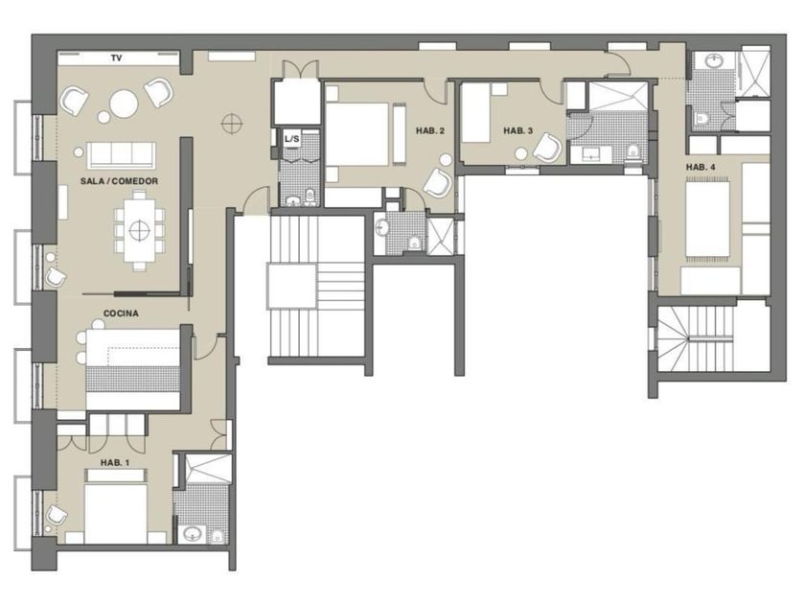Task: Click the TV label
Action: [x=117, y=58]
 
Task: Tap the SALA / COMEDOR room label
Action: [x=119, y=181]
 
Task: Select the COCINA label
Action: [x=121, y=314]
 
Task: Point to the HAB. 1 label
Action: [x=114, y=463]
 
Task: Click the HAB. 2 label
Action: [x=430, y=131]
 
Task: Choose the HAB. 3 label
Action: [x=518, y=131]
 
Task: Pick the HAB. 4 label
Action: [x=701, y=167]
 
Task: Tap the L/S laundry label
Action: [x=291, y=139]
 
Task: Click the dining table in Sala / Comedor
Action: [x=139, y=230]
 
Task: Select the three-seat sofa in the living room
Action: [x=121, y=155]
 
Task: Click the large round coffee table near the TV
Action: [x=124, y=104]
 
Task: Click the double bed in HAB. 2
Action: [x=357, y=134]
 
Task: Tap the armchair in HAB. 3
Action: [x=547, y=148]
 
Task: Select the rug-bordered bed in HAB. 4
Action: [x=708, y=219]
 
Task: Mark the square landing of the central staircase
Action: [x=291, y=287]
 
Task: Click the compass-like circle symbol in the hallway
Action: [x=232, y=124]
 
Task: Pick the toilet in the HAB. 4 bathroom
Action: [x=701, y=119]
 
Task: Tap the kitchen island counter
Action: [x=133, y=369]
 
